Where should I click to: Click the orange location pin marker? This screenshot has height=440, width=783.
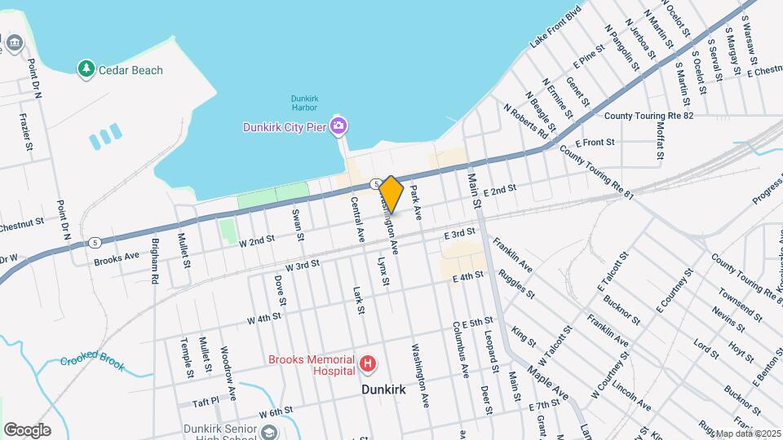click(391, 194)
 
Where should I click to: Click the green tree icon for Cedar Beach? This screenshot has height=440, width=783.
click(86, 69)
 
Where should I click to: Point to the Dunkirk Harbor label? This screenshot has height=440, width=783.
click(305, 103)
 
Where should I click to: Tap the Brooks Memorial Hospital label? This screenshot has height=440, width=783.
click(312, 365)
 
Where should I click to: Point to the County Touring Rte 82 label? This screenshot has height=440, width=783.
click(649, 117)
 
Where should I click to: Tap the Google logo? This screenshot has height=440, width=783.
click(27, 430)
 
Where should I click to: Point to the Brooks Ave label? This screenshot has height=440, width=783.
click(117, 255)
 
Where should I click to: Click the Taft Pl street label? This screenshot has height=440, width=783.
click(206, 402)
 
